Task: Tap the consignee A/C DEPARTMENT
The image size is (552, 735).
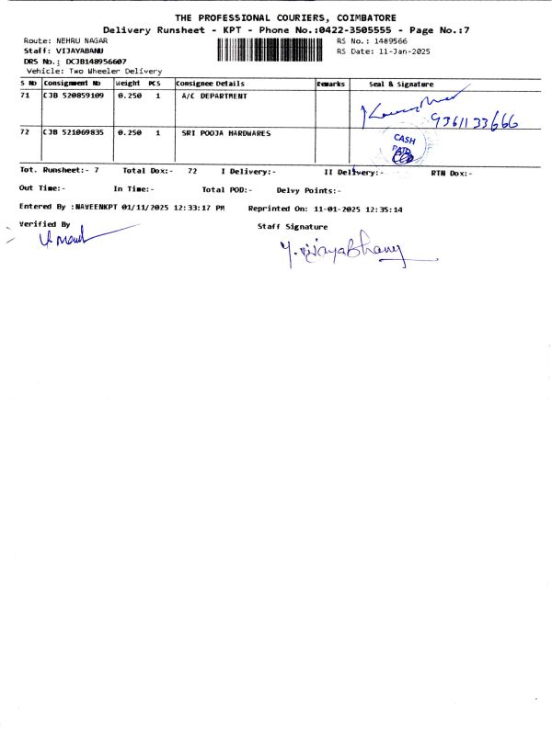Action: tap(215, 96)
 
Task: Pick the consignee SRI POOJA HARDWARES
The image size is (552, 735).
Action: tap(226, 133)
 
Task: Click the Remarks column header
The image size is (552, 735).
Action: tap(330, 84)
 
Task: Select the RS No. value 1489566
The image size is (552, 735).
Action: tap(385, 41)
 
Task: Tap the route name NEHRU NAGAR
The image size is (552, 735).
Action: tap(82, 42)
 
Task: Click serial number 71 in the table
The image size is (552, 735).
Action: tap(25, 96)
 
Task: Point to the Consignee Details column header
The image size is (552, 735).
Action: tap(210, 84)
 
